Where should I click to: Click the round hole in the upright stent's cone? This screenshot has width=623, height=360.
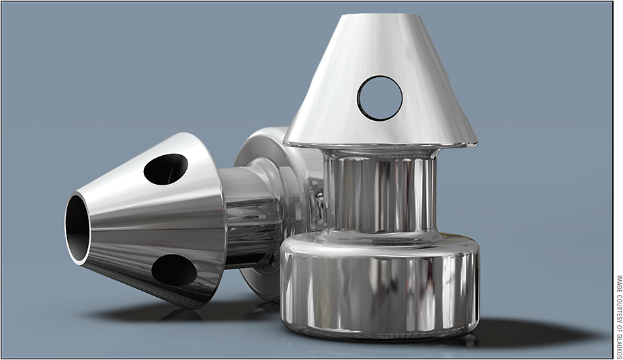(x=380, y=98)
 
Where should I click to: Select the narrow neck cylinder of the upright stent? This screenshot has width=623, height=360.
(x=380, y=191)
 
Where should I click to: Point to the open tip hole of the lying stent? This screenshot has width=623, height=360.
(x=77, y=228)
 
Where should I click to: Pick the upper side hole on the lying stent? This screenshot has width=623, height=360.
(x=165, y=169)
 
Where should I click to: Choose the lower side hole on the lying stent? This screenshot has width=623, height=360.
(x=173, y=270)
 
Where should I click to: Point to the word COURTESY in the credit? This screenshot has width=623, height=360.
(x=618, y=306)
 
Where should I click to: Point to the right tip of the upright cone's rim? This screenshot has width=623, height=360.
(x=476, y=143)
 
